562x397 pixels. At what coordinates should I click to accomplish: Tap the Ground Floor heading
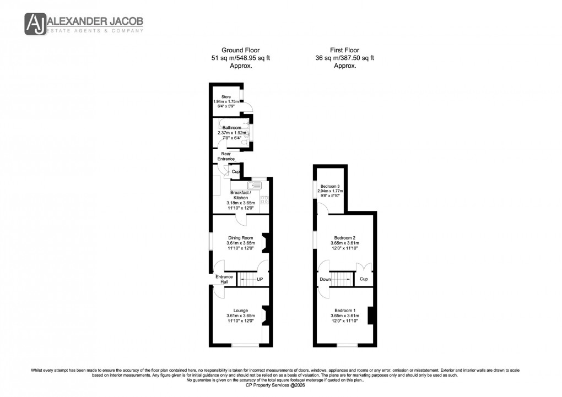click(x=240, y=50)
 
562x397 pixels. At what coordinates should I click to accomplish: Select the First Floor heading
click(x=344, y=50)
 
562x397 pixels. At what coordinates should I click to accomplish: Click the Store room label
click(x=226, y=97)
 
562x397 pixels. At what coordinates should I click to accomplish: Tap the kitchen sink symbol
click(x=256, y=185)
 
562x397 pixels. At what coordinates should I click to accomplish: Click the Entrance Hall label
click(x=224, y=279)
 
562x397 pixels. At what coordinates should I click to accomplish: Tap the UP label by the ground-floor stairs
click(x=260, y=280)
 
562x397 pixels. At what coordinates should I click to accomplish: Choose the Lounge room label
click(x=240, y=311)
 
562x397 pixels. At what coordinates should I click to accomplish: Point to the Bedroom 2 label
click(x=344, y=238)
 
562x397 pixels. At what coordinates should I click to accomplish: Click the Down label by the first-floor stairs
click(x=325, y=279)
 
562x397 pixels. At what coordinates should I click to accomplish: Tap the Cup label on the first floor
click(x=363, y=279)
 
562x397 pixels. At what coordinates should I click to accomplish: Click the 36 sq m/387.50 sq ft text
click(x=344, y=58)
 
